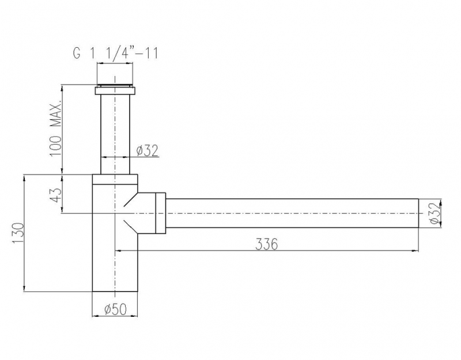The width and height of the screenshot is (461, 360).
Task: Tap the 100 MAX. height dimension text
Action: [56, 128]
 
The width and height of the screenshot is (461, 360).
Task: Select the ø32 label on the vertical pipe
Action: [148, 151]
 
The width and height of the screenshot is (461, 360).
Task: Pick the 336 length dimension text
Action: [267, 244]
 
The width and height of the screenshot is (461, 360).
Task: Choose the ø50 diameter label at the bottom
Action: [115, 310]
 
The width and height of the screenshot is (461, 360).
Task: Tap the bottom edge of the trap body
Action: [115, 291]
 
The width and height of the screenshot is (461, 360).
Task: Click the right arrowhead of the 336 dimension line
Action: [415, 251]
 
